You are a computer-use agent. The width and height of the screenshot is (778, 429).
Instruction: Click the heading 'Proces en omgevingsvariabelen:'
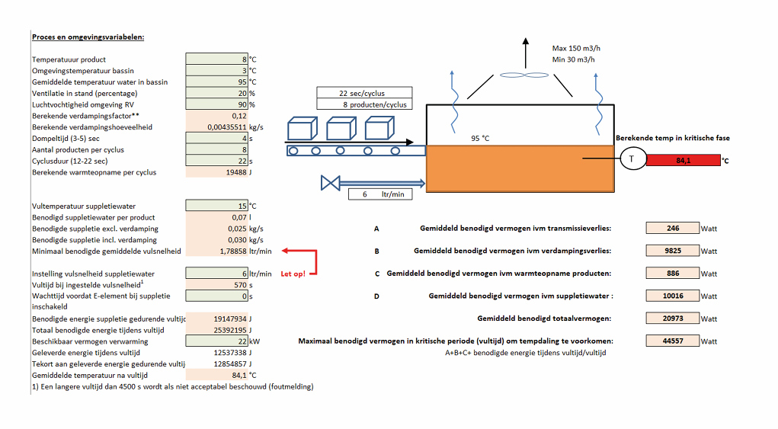click(x=88, y=37)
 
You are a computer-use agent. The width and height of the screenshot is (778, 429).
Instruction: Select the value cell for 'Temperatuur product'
click(x=216, y=59)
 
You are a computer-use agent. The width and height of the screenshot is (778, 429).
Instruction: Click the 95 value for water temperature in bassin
click(x=216, y=82)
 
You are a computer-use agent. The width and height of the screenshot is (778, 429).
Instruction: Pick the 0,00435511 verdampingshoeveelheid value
click(x=216, y=127)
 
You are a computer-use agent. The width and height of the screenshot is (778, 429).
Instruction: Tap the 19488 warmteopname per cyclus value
click(x=216, y=172)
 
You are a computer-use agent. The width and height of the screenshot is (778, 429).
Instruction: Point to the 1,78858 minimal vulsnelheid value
click(x=216, y=251)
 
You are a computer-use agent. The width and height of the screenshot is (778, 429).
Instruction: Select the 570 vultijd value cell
click(x=216, y=284)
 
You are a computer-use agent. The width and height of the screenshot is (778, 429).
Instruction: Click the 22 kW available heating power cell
click(x=216, y=342)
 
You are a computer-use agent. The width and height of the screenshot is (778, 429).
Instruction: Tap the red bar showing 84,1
click(x=682, y=160)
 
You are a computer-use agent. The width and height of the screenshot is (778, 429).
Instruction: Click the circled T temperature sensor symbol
click(x=631, y=159)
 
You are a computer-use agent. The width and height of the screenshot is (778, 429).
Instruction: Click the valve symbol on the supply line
click(x=330, y=183)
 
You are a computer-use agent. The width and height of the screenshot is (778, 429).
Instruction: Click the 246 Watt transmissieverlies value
click(x=672, y=228)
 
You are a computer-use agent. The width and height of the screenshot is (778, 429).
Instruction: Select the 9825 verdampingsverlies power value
click(x=672, y=250)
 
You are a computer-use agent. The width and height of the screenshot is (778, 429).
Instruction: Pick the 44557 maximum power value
click(x=672, y=341)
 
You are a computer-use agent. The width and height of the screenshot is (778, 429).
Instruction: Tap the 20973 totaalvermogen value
click(x=672, y=319)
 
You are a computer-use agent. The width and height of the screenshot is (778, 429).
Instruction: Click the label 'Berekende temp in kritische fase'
click(x=672, y=138)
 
